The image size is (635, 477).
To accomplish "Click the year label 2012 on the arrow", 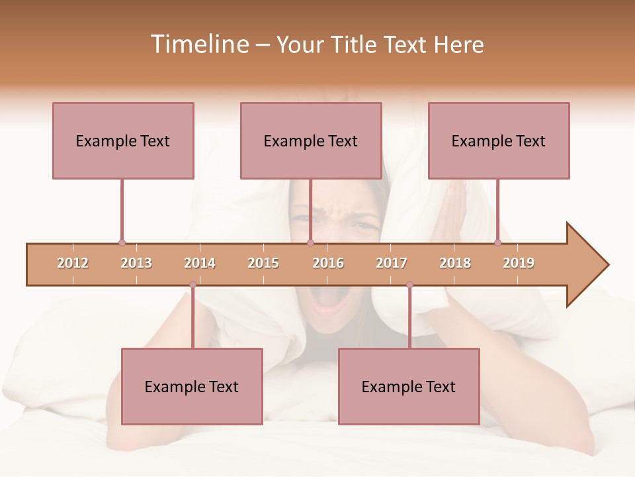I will click(73, 263).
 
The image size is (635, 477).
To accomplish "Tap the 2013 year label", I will click(136, 263).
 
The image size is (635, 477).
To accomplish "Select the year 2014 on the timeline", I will click(200, 263).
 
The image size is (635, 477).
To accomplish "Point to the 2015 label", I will click(263, 263).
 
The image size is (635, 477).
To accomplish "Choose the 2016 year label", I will click(328, 263).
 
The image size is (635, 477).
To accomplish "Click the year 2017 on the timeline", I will click(392, 263).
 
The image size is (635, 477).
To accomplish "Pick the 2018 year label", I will click(455, 263).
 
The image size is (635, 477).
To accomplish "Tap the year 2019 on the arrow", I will click(519, 263).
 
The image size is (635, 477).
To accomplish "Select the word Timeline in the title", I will click(198, 44).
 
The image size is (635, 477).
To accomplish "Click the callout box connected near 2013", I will click(123, 140).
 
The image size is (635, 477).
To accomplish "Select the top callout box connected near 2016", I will click(311, 140).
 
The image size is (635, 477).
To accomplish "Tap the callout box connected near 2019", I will click(499, 140).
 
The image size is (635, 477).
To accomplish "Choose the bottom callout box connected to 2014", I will click(192, 386).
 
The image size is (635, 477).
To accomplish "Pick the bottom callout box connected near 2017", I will click(409, 386).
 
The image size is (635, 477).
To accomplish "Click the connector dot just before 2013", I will click(122, 243).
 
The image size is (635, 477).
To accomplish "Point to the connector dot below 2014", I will click(192, 285).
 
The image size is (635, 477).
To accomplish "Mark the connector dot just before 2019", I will click(497, 243).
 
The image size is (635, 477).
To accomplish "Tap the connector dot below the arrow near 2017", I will click(409, 285).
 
